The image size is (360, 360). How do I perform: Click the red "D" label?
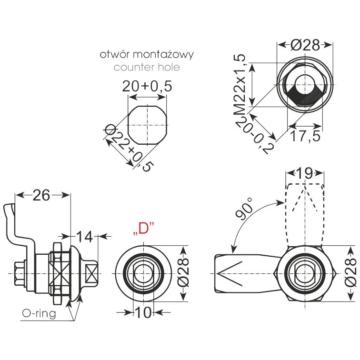(x=143, y=228)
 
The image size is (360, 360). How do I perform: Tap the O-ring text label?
(x=39, y=313)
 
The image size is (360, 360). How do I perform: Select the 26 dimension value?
(x=41, y=195)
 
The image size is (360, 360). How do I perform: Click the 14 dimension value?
(x=84, y=237)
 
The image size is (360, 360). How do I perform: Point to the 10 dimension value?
(x=143, y=312)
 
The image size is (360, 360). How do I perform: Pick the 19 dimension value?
(x=304, y=173)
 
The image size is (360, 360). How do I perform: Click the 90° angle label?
(x=244, y=209)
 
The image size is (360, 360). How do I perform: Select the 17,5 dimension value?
(x=305, y=136)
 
